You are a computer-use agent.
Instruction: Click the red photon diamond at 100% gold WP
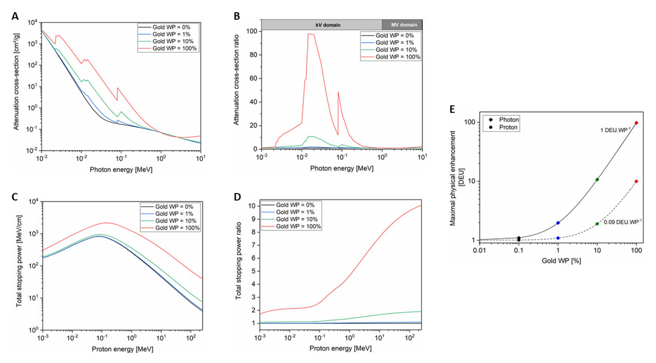(636, 123)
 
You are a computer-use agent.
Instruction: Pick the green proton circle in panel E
(597, 224)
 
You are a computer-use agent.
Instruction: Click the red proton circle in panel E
(636, 181)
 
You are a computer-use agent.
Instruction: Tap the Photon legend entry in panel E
(509, 120)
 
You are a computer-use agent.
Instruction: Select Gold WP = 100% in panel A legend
(174, 48)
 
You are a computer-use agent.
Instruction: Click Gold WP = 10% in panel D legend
(297, 219)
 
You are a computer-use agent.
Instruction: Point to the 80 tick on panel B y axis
(253, 55)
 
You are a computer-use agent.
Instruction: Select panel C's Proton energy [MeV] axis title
(123, 349)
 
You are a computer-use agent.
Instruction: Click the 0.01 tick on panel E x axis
(479, 251)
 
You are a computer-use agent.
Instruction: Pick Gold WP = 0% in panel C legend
(174, 206)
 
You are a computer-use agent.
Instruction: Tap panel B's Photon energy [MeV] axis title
(342, 168)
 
